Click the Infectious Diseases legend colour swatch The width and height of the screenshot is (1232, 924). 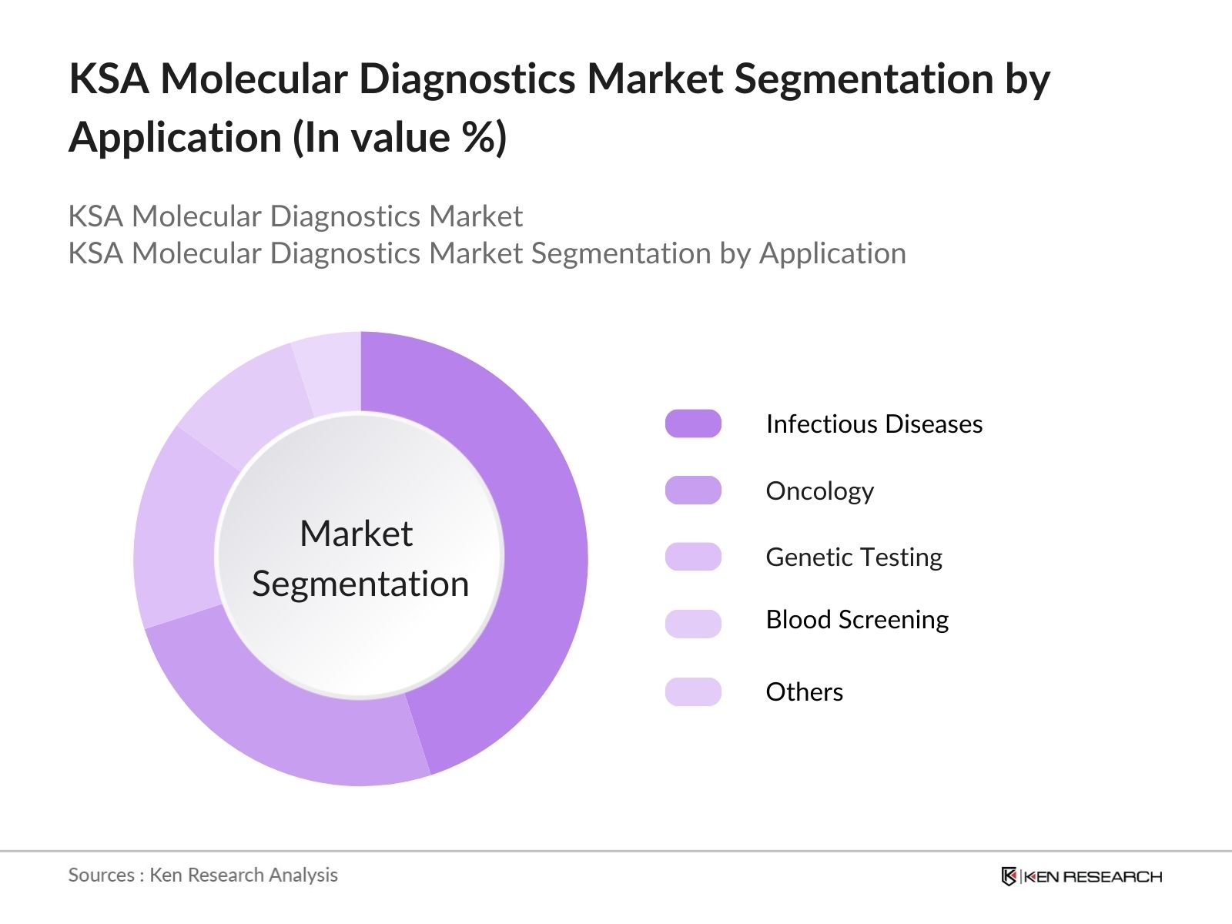coord(693,423)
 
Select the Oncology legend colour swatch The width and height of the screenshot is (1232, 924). coord(693,490)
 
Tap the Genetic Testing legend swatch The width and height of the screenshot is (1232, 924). coord(693,557)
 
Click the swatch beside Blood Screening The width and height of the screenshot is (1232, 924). coord(693,623)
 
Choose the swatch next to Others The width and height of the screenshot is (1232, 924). coord(693,691)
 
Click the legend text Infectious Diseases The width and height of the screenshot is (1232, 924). coord(874,423)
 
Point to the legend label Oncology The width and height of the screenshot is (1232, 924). coord(819,490)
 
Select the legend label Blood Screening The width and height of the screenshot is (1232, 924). coord(856,620)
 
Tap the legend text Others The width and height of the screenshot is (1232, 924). coord(804,691)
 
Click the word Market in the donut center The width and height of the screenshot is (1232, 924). coord(356,534)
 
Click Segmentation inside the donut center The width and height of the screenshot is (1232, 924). coord(360,584)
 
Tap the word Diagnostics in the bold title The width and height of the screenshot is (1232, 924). coord(467,79)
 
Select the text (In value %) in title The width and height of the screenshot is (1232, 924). coord(399,138)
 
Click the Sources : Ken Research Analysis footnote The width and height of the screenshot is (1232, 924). coord(203,875)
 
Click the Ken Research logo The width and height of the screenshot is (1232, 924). coord(1081,876)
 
